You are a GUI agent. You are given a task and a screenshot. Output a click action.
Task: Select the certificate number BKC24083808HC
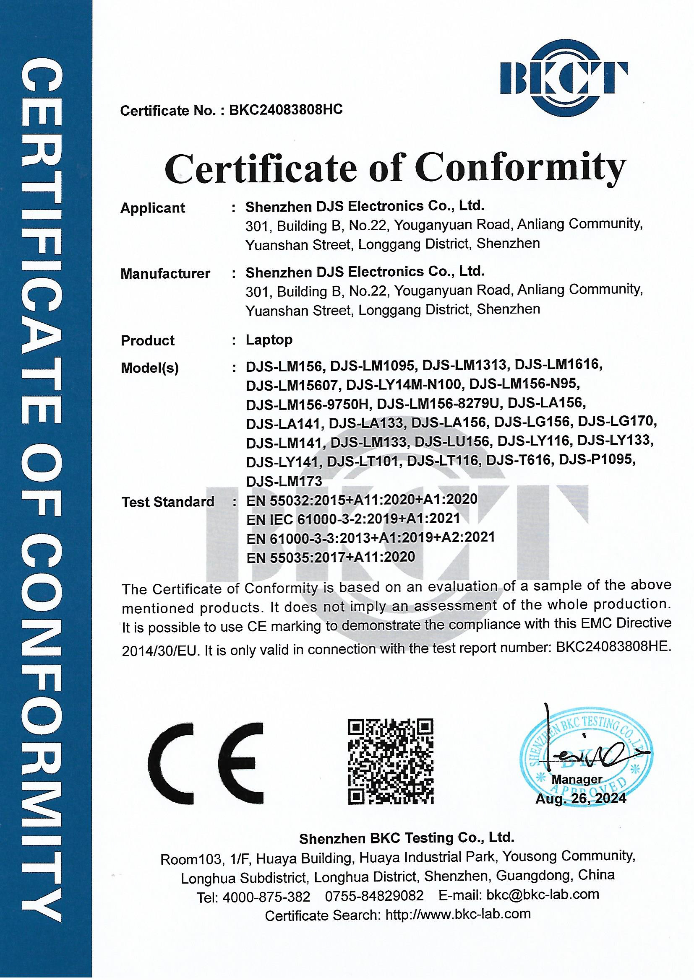(286, 110)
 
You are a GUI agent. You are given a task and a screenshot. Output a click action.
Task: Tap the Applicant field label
(153, 208)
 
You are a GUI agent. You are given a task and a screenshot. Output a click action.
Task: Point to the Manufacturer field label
(165, 274)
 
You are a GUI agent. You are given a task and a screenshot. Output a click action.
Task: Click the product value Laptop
(269, 340)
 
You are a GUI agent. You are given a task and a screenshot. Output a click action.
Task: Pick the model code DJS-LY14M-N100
(404, 384)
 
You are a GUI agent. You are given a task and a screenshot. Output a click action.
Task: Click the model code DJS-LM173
(284, 481)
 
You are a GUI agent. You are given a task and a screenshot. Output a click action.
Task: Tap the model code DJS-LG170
(617, 422)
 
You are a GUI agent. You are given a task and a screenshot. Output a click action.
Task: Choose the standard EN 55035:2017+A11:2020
(330, 557)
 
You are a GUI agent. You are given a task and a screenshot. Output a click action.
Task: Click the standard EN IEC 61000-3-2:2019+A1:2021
(353, 519)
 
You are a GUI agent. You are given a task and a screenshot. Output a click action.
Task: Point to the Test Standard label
(167, 502)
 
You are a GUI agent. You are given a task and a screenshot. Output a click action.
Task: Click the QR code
(390, 762)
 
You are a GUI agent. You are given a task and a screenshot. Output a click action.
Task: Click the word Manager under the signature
(577, 779)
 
